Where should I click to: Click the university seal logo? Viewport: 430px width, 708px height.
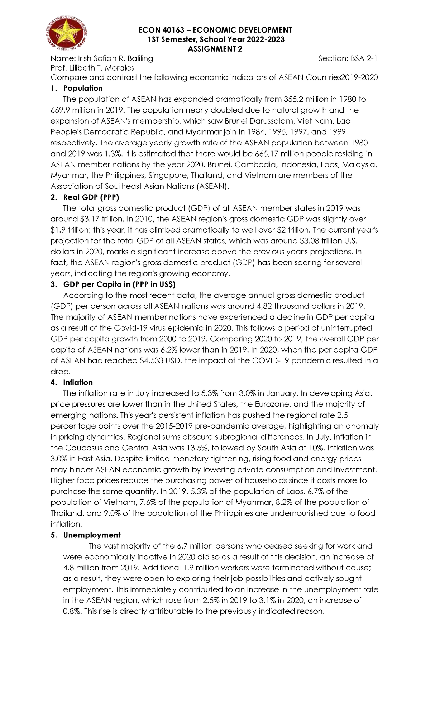pyautogui.click(x=67, y=36)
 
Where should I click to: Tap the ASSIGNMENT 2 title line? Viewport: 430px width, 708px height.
pyautogui.click(x=215, y=49)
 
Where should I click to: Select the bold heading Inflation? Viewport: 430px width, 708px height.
pyautogui.click(x=78, y=382)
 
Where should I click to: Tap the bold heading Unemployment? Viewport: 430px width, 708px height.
pyautogui.click(x=92, y=535)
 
